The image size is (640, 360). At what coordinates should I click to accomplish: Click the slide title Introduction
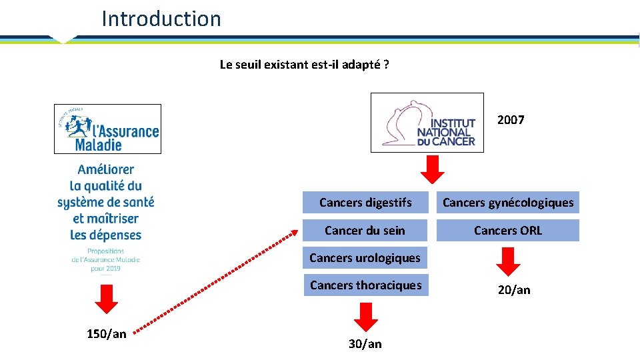point(161,19)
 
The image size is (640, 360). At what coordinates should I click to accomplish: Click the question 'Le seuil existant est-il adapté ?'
point(305,65)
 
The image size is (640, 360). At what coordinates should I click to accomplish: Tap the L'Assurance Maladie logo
point(107,129)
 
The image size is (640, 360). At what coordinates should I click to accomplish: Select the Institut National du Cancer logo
point(427,122)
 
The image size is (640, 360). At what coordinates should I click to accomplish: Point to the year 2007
point(511,120)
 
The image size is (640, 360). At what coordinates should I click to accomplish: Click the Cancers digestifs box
point(365,203)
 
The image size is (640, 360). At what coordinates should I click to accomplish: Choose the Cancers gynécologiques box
point(507,203)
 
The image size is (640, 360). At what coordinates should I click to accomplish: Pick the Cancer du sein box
point(365,231)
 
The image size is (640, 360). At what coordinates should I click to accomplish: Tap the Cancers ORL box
point(507,231)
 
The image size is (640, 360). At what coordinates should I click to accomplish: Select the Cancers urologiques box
point(365,258)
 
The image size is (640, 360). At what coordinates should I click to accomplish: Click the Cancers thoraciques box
point(365,285)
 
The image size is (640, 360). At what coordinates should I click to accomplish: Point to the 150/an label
point(106,334)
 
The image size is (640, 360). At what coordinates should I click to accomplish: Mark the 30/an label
point(365,344)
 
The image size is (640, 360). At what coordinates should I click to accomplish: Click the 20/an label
point(514,290)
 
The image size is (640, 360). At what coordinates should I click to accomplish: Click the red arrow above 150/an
point(106,298)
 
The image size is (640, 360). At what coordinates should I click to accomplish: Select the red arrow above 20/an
point(509,261)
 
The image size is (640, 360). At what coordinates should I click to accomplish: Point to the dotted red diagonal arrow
point(213,281)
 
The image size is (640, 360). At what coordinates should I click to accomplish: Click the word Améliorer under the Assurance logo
point(105,170)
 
